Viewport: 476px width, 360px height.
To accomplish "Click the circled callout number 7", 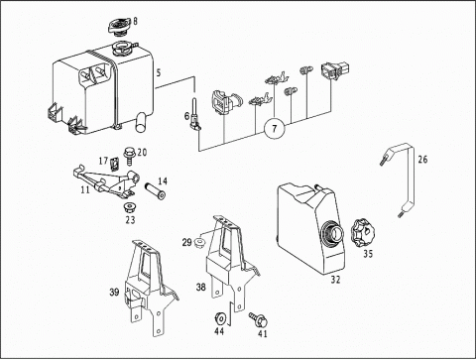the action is click(x=275, y=128).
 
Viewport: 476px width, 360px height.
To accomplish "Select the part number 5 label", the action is click(x=159, y=72).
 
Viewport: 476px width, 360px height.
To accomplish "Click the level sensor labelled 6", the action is click(x=194, y=114).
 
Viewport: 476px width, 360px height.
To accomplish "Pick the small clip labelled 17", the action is click(x=115, y=164).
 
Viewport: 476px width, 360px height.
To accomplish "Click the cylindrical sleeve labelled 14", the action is click(x=156, y=191).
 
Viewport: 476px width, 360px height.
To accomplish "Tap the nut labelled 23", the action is click(x=130, y=208).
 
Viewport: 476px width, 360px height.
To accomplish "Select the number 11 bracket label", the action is click(x=85, y=189).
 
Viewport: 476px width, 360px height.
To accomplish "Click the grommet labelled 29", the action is click(x=199, y=242).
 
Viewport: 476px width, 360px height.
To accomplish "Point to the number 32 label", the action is click(x=335, y=280).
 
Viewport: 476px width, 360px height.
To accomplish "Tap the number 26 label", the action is click(x=422, y=160).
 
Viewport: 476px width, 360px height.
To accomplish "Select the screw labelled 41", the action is click(x=259, y=319).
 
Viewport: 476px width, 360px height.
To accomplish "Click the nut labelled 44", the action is click(x=219, y=317).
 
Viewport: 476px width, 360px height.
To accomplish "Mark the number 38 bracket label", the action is click(x=201, y=287).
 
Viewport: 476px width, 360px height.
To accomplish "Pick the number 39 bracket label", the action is click(x=114, y=293).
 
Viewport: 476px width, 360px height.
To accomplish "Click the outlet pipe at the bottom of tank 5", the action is click(x=143, y=121).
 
